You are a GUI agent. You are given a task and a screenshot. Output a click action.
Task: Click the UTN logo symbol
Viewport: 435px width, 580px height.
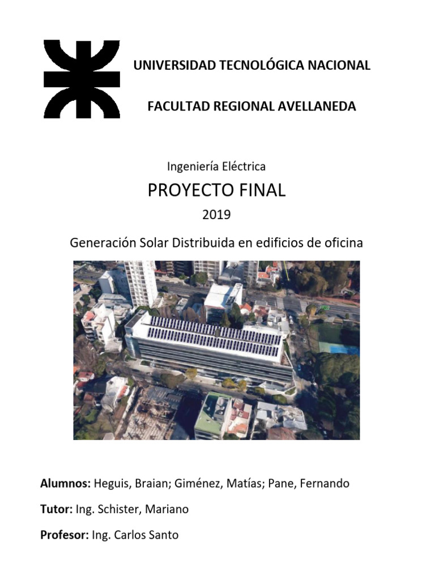point(82,79)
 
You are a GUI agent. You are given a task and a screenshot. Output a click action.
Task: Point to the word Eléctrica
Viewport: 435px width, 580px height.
point(244,167)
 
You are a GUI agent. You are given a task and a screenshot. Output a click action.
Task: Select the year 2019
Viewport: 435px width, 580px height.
point(217,215)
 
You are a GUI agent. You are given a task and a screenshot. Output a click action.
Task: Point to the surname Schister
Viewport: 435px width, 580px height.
point(121,509)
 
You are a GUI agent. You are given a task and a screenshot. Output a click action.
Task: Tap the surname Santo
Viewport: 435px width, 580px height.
point(162,535)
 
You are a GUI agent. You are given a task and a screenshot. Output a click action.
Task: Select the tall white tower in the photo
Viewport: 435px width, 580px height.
point(140,283)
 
